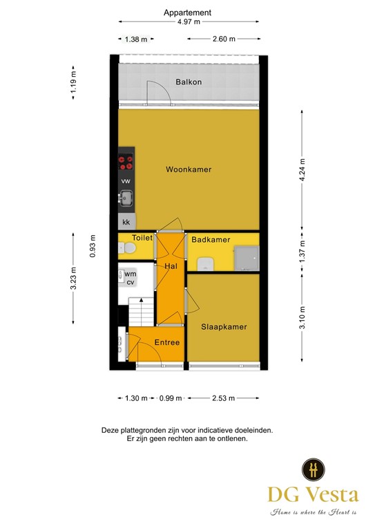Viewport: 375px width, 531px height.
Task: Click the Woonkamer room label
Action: (x=188, y=169)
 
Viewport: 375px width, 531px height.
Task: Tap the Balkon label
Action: (x=189, y=82)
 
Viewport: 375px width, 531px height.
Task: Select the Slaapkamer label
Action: (x=224, y=326)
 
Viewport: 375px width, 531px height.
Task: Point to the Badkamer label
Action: (x=211, y=240)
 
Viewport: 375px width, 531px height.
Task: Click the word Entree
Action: (x=166, y=342)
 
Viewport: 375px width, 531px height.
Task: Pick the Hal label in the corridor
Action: (x=171, y=266)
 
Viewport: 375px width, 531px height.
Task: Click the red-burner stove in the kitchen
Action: (x=126, y=162)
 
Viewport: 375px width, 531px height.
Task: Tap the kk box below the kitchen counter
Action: (x=126, y=223)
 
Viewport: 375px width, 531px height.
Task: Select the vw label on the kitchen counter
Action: (x=126, y=180)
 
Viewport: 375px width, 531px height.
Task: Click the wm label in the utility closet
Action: (x=130, y=274)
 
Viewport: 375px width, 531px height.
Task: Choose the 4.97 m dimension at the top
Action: (x=187, y=22)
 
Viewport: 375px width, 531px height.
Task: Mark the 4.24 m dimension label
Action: (x=302, y=169)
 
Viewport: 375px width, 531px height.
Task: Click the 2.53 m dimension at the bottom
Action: (x=223, y=398)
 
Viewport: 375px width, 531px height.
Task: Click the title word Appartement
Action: (x=187, y=12)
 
